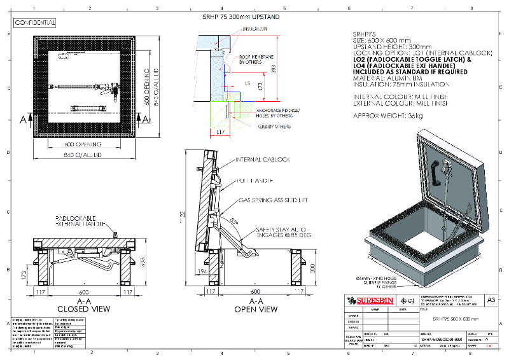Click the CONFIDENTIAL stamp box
(x=35, y=23)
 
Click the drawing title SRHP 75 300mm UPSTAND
(x=242, y=17)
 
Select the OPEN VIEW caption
(x=254, y=309)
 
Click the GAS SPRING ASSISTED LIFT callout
(x=272, y=200)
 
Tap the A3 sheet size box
(x=491, y=300)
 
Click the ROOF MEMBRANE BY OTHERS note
(x=256, y=59)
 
